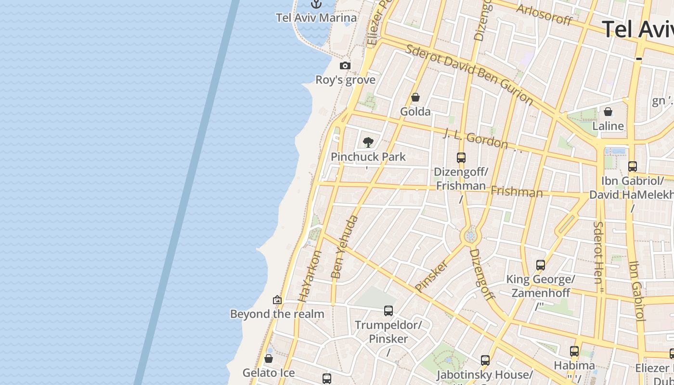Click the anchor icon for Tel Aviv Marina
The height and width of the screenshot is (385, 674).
(x=316, y=4)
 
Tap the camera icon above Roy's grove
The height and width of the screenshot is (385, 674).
(x=345, y=65)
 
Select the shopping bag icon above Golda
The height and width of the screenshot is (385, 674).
(x=415, y=98)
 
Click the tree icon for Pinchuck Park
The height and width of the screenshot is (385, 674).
(x=368, y=142)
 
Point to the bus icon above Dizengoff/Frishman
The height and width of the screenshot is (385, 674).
(x=461, y=157)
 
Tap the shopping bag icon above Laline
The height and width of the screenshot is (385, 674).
(x=608, y=112)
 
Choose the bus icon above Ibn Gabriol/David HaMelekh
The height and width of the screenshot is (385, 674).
(x=633, y=167)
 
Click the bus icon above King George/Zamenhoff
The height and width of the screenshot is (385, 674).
(x=541, y=265)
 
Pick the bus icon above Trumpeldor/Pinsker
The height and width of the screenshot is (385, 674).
(x=389, y=311)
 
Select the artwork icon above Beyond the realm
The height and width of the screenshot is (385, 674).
(x=277, y=300)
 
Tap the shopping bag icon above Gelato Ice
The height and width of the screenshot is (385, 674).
(x=269, y=359)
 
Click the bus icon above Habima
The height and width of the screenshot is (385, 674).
(x=574, y=351)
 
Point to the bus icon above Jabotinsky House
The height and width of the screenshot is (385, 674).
(x=485, y=360)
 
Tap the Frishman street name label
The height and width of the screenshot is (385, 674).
(x=516, y=192)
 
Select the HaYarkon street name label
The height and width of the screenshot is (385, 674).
(x=310, y=276)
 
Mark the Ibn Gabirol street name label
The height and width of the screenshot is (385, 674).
(x=636, y=291)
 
